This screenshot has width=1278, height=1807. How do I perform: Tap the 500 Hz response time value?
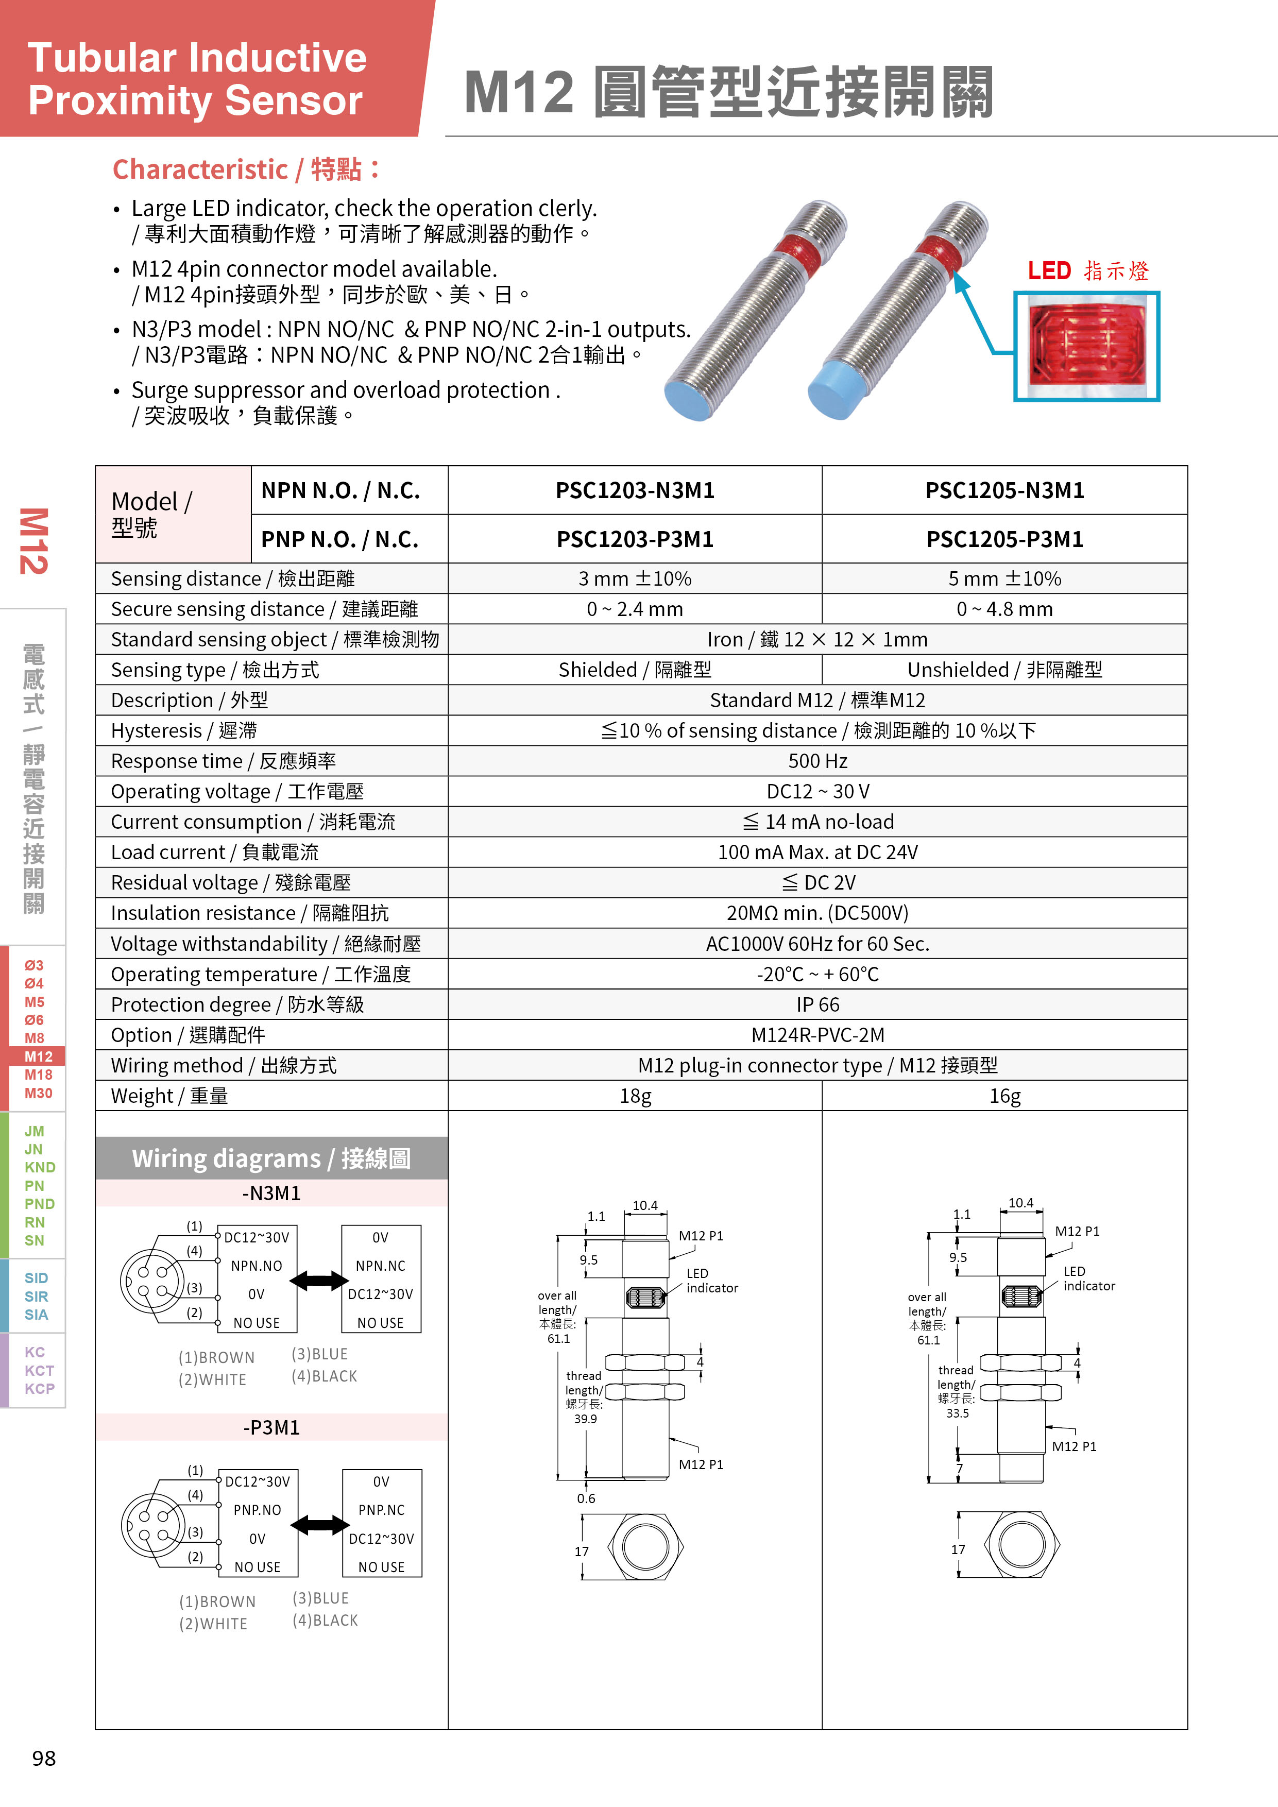coord(817,761)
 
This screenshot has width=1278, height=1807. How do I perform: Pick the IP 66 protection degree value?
coord(817,1004)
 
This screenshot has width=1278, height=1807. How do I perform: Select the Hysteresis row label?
coord(184,731)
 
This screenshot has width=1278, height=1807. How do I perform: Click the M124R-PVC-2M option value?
coord(817,1035)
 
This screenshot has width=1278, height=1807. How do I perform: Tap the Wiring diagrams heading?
coord(271,1158)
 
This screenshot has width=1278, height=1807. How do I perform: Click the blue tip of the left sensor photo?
coord(689,398)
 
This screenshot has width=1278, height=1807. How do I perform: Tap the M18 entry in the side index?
coord(38,1075)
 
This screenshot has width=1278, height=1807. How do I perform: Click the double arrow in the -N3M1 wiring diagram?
coord(319,1281)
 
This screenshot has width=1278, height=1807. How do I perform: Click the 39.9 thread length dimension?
coord(585,1419)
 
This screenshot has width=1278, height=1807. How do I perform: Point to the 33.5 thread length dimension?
coord(957,1413)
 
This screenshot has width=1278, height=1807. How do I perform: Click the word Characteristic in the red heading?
coord(200,169)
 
